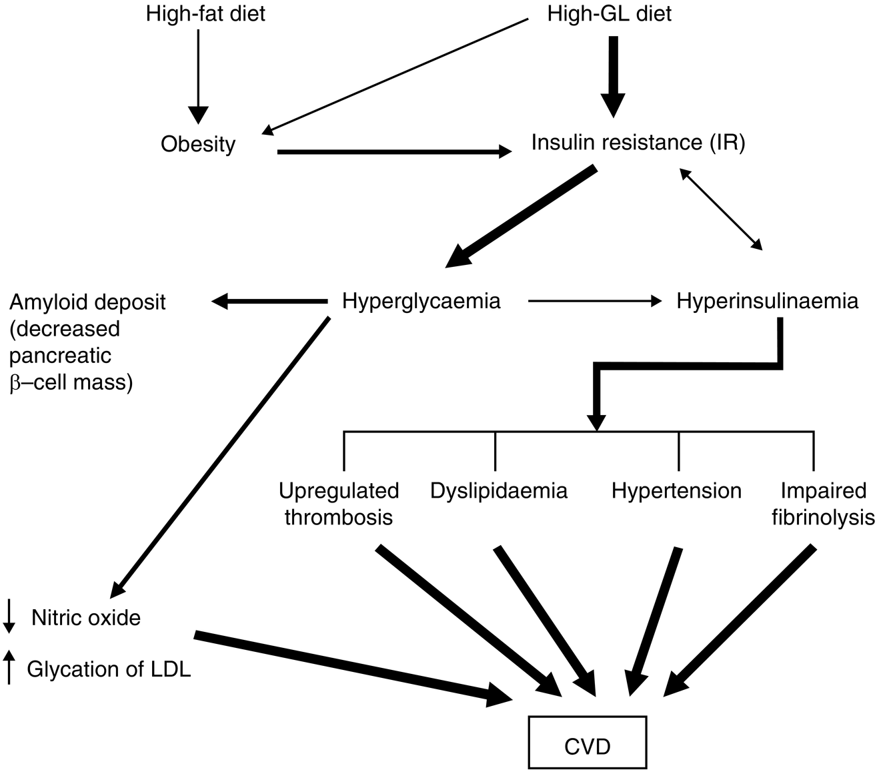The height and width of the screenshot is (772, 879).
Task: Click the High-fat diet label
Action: pos(205,14)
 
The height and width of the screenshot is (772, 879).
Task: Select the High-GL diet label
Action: pos(609,14)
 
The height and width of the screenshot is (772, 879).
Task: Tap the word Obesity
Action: pos(198,144)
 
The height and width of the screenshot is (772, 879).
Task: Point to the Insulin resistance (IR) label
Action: pos(638,142)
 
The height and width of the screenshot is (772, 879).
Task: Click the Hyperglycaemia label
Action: pos(421,301)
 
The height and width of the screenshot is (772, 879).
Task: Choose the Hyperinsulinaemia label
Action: pos(767,301)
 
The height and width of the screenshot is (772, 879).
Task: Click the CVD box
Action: pos(587,745)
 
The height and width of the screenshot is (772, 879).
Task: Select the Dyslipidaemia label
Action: pos(498,491)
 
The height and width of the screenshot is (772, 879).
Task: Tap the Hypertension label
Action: pos(676,491)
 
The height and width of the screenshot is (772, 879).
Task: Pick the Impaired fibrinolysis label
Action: pos(823,504)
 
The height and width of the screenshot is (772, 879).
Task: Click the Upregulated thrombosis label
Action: pos(339,504)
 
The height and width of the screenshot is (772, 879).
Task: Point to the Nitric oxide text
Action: pos(86,618)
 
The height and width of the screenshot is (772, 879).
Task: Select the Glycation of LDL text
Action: pos(109,669)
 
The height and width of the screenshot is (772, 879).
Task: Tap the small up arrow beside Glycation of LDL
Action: pos(9,668)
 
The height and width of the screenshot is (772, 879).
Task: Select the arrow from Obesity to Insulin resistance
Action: pos(393,152)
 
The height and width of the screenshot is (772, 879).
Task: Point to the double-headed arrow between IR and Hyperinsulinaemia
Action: pos(720,209)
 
